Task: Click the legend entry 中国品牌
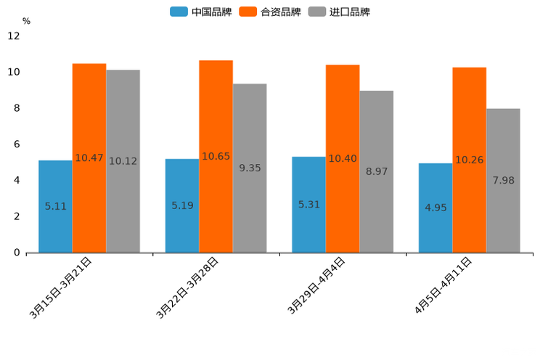(x=201, y=12)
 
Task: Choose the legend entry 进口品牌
(x=339, y=12)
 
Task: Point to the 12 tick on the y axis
(x=14, y=36)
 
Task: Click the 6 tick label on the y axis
(x=17, y=144)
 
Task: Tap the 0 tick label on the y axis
(x=17, y=253)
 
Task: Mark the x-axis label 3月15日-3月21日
(x=61, y=287)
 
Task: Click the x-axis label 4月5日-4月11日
(x=443, y=286)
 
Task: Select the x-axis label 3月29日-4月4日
(x=316, y=286)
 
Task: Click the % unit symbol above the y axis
(x=26, y=21)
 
